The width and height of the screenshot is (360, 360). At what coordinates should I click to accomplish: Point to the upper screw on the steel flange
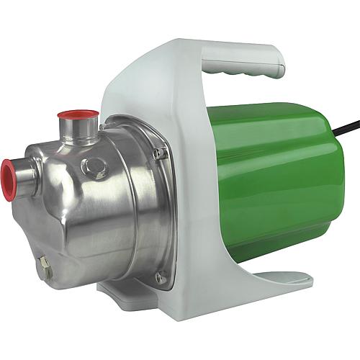(164, 153)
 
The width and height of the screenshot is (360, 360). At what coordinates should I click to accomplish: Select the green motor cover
(274, 180)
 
